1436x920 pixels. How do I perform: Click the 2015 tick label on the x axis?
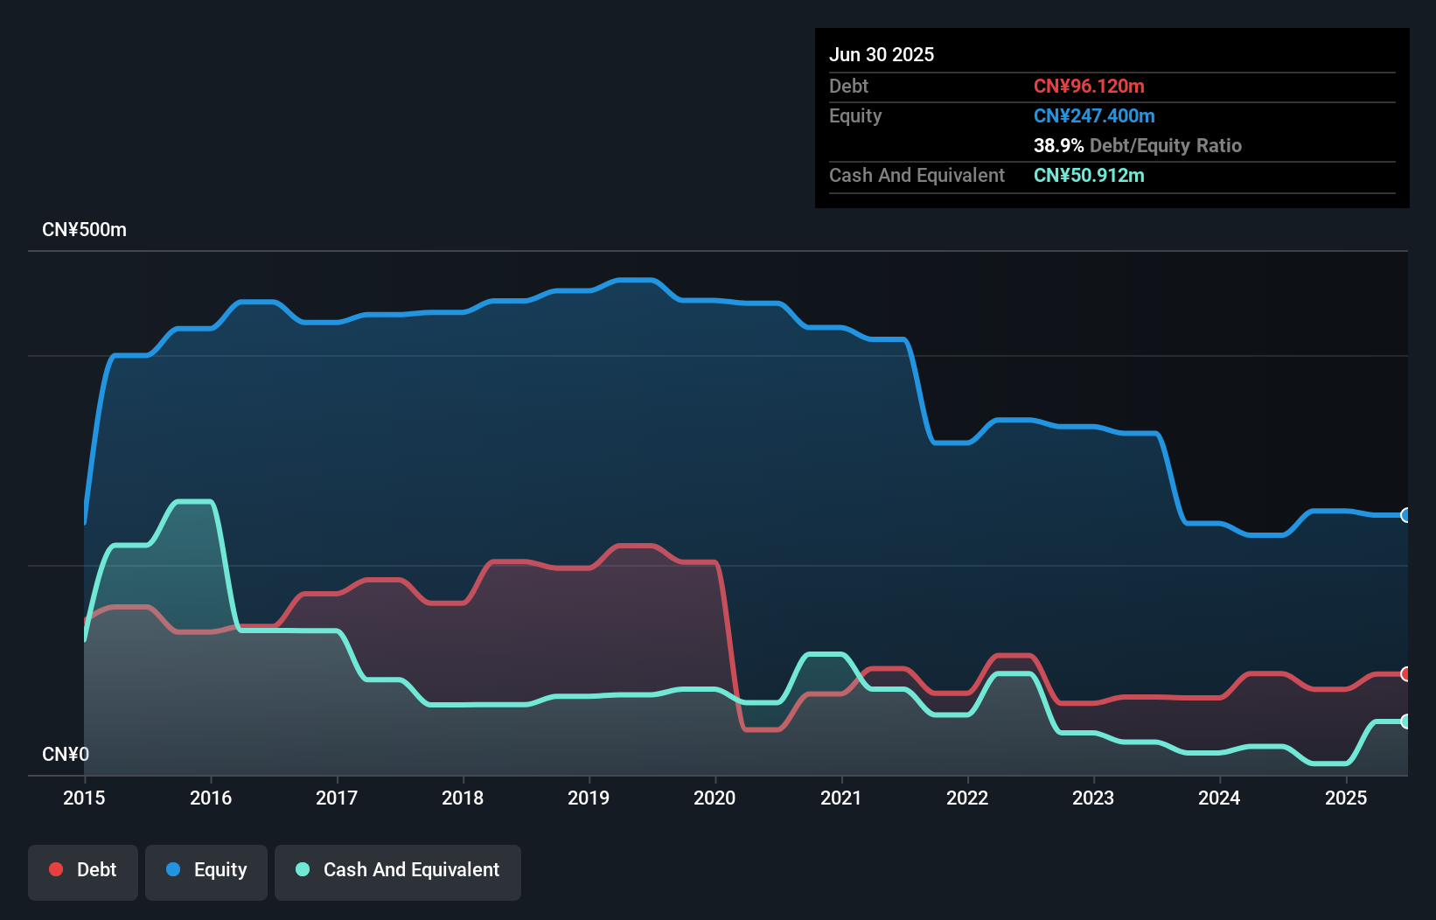pos(84,798)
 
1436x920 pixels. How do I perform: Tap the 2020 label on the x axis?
pos(715,798)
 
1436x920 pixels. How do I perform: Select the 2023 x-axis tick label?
pos(1093,798)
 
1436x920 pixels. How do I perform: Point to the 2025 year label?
pos(1346,798)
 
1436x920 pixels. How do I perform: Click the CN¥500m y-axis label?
pos(84,230)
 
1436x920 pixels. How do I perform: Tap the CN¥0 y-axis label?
pos(66,754)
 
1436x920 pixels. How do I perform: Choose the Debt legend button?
pos(83,870)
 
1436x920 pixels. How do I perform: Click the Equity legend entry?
pos(206,870)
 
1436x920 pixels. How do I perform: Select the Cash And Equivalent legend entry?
pos(398,870)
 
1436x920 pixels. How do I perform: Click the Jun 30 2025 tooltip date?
pos(882,55)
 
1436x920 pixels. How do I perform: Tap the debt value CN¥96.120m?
pos(1089,87)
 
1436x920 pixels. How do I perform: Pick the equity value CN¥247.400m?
pos(1094,116)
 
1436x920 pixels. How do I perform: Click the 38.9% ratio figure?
pos(1058,146)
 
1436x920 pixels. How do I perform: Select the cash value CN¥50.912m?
pos(1089,176)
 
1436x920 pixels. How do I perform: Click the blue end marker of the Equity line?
pos(1405,515)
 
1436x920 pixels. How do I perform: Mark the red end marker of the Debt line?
pos(1405,673)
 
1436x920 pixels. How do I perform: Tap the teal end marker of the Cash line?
pos(1405,721)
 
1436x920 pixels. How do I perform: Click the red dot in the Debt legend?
pos(56,869)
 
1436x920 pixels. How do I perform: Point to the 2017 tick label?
pos(337,798)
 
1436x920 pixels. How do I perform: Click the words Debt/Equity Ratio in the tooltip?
pos(1166,146)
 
